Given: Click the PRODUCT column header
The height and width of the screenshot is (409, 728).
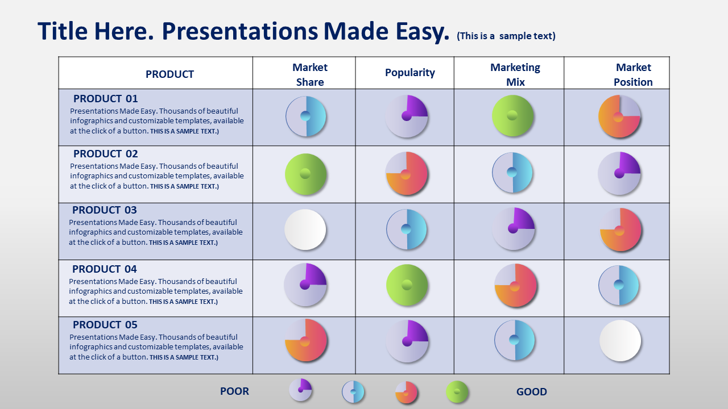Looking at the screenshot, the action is [x=169, y=74].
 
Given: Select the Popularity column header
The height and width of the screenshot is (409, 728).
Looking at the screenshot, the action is [x=410, y=73].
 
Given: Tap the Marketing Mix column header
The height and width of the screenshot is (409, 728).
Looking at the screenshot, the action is [x=515, y=74].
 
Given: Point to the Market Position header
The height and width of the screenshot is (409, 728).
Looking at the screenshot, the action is [x=633, y=74].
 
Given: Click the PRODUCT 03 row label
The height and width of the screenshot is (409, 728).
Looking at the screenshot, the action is [x=104, y=210].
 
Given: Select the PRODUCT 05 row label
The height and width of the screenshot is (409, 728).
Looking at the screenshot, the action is [x=105, y=324].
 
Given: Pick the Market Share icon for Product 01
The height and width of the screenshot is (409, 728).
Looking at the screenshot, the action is [x=306, y=116].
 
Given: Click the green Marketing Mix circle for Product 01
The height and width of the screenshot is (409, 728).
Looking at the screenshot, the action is [x=512, y=116].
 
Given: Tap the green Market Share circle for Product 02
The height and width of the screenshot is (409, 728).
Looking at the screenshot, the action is [x=305, y=174].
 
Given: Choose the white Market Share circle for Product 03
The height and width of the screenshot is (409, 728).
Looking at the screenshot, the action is [x=305, y=229].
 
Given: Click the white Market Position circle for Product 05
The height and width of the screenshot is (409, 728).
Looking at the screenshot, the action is [x=620, y=341].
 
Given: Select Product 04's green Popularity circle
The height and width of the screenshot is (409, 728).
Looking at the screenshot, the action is [x=407, y=285].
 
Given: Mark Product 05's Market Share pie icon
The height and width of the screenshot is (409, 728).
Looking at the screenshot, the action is [x=306, y=340].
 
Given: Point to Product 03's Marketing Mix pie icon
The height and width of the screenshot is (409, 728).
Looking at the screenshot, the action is [x=513, y=229].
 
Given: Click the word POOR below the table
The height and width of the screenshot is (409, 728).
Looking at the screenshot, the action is [x=234, y=391].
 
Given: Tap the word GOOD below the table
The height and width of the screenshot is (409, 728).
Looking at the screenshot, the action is [x=531, y=391].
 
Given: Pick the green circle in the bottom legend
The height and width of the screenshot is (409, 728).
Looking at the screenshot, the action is [x=457, y=392].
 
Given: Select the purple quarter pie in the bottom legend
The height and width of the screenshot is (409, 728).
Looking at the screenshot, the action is [x=300, y=390].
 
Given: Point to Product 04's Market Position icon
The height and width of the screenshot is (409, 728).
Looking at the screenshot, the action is [x=619, y=285].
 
